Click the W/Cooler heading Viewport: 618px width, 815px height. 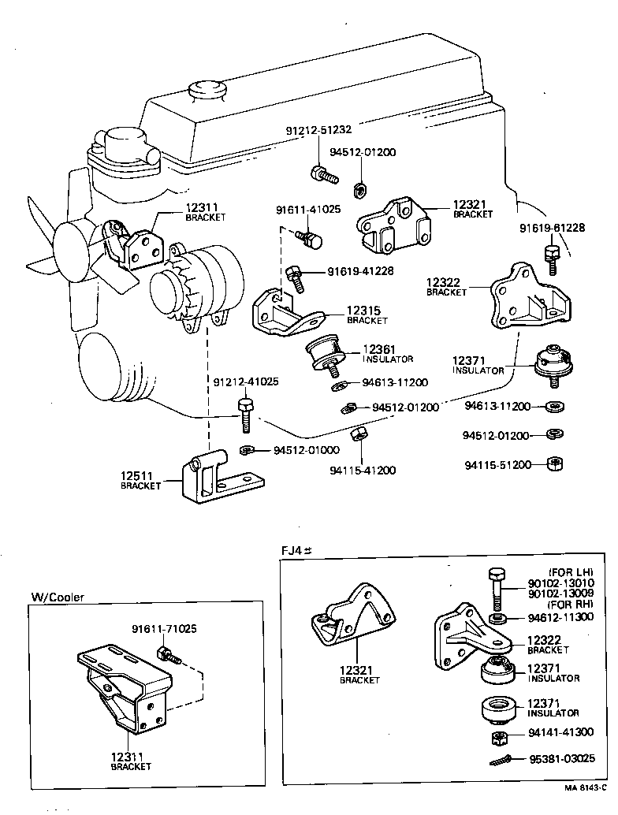[57, 597]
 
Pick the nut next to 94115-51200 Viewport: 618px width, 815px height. [554, 463]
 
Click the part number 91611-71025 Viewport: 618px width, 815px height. [164, 629]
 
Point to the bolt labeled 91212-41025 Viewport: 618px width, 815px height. [244, 415]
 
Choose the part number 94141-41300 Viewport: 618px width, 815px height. [561, 732]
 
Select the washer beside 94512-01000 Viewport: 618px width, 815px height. [246, 451]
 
